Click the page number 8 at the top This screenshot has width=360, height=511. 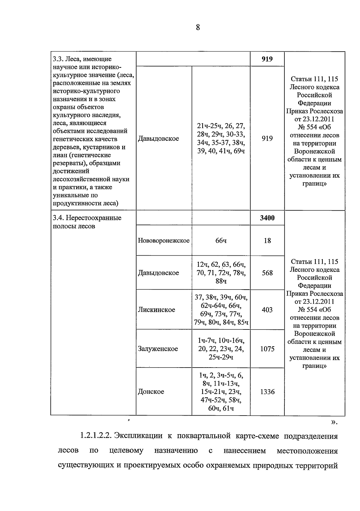[198, 28]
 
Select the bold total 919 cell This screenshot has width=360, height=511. [267, 59]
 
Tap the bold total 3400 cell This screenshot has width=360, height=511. [267, 218]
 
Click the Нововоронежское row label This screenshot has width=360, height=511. [164, 241]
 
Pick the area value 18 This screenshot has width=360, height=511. [267, 241]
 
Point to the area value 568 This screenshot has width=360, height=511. [267, 273]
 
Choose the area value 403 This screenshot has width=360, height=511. [267, 310]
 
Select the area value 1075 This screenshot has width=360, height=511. [267, 349]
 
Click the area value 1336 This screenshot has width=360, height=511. [267, 392]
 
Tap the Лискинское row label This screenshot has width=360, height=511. [156, 310]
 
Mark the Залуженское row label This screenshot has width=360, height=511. [158, 349]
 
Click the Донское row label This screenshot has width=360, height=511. [151, 392]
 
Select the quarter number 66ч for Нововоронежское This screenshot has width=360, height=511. [221, 241]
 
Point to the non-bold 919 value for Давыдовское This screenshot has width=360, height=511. [267, 139]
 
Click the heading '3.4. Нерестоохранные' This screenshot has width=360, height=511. [87, 218]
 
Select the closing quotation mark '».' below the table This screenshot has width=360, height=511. [334, 422]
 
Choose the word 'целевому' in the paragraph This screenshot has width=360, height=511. [126, 450]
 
